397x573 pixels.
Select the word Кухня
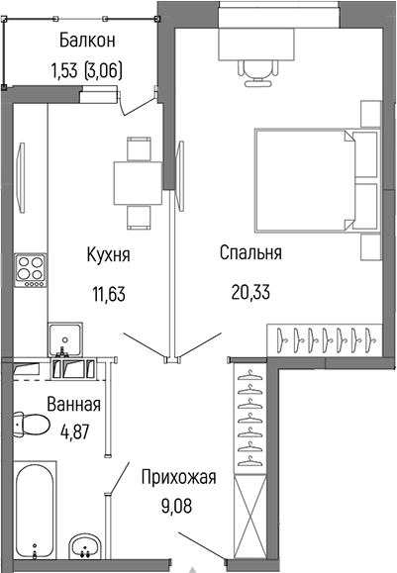pyautogui.click(x=107, y=255)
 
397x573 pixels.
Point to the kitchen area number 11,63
pyautogui.click(x=107, y=293)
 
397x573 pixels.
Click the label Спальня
pyautogui.click(x=250, y=253)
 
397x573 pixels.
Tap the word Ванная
pyautogui.click(x=74, y=404)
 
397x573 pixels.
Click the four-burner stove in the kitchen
pyautogui.click(x=31, y=267)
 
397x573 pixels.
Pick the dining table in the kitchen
pyautogui.click(x=138, y=179)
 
